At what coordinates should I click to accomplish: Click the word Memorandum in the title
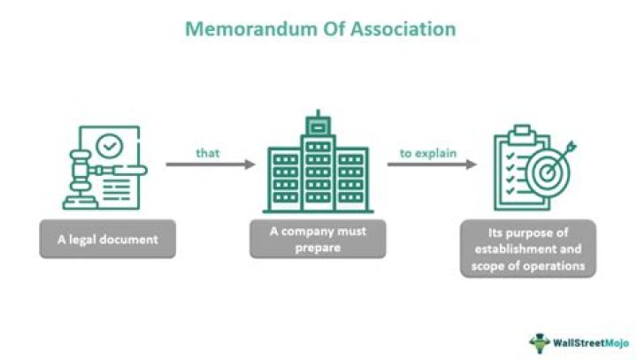pos(234,29)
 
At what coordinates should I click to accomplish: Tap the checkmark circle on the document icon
pos(111,144)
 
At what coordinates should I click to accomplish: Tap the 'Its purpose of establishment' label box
pos(527,249)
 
